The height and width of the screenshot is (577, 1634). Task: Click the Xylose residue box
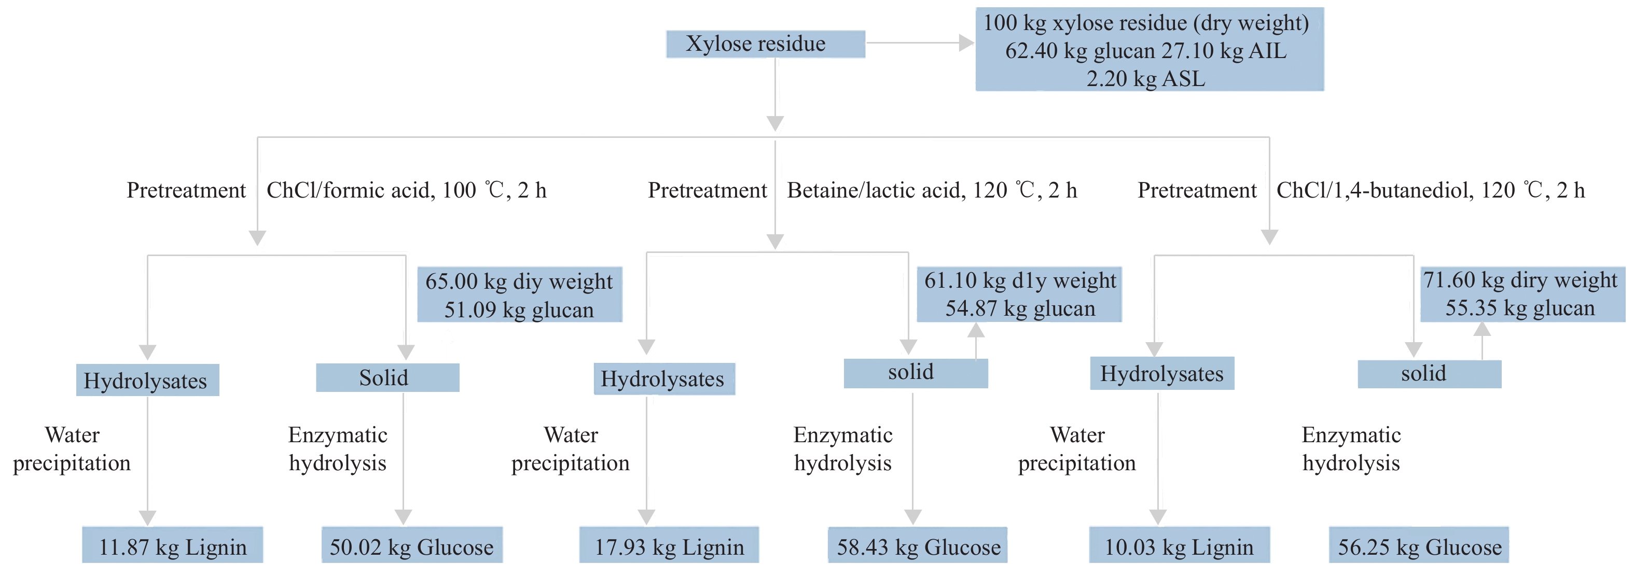coord(765,44)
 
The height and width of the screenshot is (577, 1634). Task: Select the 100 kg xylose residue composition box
coord(1149,49)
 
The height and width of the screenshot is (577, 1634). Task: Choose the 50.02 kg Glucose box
coord(412,545)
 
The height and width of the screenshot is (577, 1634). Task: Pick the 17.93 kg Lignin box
coord(669,545)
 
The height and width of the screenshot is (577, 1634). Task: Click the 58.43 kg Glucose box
coord(917,545)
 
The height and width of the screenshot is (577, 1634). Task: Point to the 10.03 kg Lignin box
coord(1179,545)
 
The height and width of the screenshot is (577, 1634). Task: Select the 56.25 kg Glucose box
coord(1419,545)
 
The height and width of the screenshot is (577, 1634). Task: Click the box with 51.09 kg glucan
coord(519,295)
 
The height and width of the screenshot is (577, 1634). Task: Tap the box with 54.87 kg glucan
coord(1019,294)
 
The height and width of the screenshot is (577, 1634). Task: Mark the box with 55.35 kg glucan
coord(1522,293)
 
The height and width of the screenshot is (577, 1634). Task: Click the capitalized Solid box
coord(387,378)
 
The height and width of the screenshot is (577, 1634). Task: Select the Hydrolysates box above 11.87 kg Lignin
coord(147,381)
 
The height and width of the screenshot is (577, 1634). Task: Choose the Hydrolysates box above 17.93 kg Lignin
coord(663,379)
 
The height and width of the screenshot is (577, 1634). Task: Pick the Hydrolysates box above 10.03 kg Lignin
coord(1161,373)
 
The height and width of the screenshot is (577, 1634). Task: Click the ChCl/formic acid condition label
coord(406,190)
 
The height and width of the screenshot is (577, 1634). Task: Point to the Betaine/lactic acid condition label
coord(932,190)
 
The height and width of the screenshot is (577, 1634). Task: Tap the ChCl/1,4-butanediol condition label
coord(1430,190)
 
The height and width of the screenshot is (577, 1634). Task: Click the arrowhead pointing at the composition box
coord(966,43)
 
